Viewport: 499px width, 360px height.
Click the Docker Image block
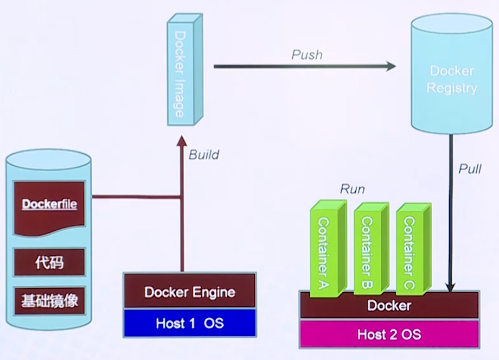pos(179,73)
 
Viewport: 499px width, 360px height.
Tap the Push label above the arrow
pos(306,55)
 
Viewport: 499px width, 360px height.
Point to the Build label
pos(204,155)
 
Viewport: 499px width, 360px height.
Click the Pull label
pos(470,169)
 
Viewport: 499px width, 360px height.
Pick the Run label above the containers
pos(352,189)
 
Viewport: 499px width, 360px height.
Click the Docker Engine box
pos(190,292)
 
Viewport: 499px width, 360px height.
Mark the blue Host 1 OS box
pos(190,323)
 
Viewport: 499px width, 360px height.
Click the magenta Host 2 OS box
pos(389,335)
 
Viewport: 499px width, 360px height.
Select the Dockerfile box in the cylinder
pos(50,206)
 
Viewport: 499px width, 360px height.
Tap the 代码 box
pos(50,264)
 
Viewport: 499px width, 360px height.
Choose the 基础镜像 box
pos(50,302)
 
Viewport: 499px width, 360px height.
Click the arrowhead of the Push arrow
pos(390,67)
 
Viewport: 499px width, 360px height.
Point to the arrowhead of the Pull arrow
pos(451,286)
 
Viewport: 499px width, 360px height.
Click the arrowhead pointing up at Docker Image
pos(183,140)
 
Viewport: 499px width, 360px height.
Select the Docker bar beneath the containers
pos(389,306)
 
